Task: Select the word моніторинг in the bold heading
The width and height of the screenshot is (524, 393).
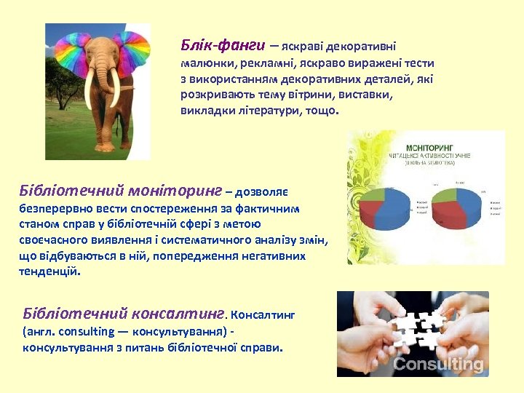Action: pyautogui.click(x=174, y=191)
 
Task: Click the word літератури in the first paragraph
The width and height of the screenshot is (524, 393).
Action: pyautogui.click(x=255, y=111)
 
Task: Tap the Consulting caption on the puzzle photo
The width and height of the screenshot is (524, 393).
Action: pyautogui.click(x=437, y=364)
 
